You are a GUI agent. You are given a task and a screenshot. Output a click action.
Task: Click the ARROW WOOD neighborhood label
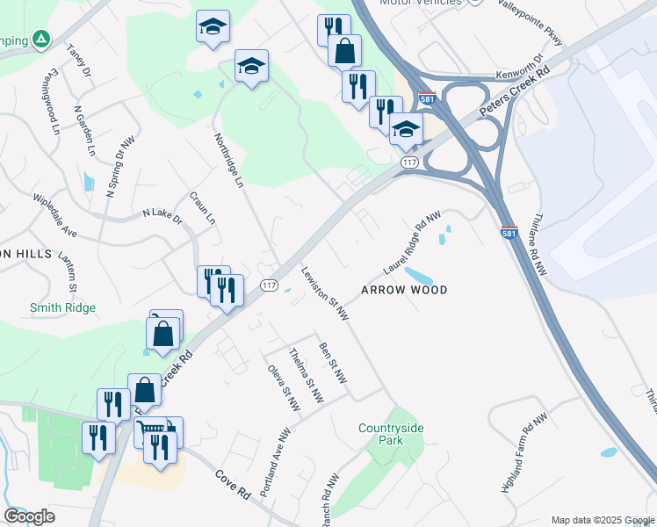pyautogui.click(x=405, y=290)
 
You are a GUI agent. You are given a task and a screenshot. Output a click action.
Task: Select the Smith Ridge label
pyautogui.click(x=62, y=308)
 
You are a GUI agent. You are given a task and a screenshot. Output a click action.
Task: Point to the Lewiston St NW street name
pyautogui.click(x=325, y=293)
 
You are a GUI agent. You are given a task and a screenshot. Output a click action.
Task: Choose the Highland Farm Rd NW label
pyautogui.click(x=524, y=452)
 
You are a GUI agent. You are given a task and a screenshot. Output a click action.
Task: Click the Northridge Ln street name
pyautogui.click(x=227, y=161)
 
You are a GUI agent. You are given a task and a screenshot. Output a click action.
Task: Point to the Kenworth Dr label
pyautogui.click(x=519, y=69)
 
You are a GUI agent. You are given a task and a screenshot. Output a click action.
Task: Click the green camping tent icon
pyautogui.click(x=40, y=40)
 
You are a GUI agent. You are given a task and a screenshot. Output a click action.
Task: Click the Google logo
pyautogui.click(x=29, y=516)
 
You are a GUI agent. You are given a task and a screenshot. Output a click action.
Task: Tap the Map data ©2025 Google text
pyautogui.click(x=602, y=520)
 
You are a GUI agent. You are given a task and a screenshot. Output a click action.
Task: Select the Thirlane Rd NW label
pyautogui.click(x=538, y=245)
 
